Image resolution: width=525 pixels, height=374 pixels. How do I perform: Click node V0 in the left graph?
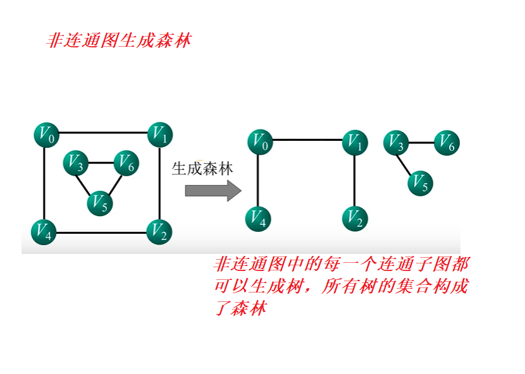click(x=45, y=135)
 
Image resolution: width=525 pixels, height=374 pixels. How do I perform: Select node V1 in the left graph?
click(x=159, y=135)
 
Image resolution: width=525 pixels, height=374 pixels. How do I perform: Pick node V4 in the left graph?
click(x=44, y=231)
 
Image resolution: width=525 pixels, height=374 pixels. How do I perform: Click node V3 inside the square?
click(x=75, y=164)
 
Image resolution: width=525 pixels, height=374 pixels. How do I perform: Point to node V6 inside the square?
click(x=125, y=163)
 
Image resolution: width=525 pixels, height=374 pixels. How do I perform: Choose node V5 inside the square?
click(x=99, y=203)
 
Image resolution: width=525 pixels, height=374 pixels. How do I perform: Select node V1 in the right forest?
click(x=355, y=141)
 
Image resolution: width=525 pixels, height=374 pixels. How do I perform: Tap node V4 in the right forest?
click(x=258, y=218)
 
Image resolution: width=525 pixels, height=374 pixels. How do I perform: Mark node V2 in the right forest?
click(x=355, y=218)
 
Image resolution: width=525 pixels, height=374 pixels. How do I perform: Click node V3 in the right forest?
click(x=396, y=144)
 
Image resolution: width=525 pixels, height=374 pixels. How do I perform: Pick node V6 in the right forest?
click(x=447, y=143)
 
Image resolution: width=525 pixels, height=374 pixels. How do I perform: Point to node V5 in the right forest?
click(x=420, y=183)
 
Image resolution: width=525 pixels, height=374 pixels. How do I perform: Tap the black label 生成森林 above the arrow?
click(x=202, y=169)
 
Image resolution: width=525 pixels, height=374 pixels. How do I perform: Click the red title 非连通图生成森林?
click(x=119, y=41)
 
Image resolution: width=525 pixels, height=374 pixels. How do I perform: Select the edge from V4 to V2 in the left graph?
click(x=101, y=233)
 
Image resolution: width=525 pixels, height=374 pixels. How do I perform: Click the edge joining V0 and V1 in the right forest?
click(x=307, y=140)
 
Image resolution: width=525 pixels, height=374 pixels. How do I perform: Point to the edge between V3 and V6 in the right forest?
click(x=421, y=143)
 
